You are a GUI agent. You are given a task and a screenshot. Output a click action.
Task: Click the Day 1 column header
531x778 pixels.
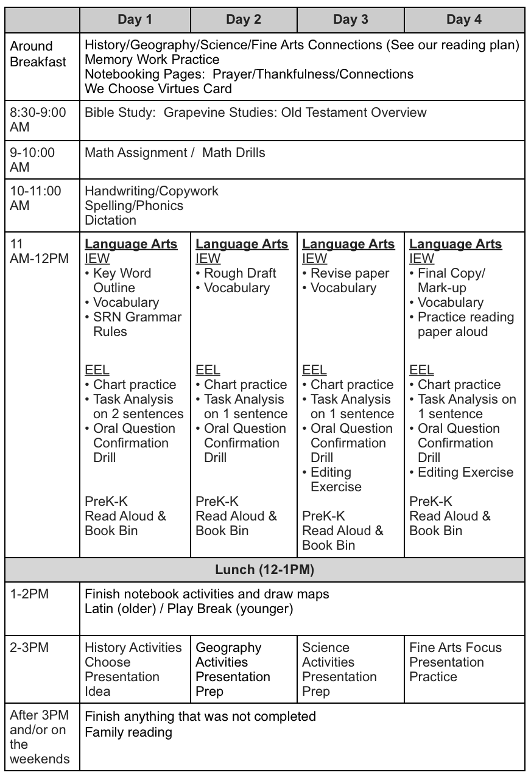click(x=135, y=19)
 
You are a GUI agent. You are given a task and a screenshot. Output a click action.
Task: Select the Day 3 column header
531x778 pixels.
click(x=350, y=19)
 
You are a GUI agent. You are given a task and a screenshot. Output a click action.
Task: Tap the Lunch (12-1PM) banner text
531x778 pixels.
click(x=265, y=570)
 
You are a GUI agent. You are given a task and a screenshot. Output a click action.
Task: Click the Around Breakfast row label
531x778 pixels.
click(x=38, y=54)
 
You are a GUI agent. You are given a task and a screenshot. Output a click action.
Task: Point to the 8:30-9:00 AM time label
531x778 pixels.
click(x=38, y=120)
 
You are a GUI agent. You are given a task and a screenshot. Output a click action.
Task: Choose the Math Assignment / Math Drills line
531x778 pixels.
click(x=175, y=152)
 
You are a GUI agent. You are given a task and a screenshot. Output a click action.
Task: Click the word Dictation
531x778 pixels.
click(x=110, y=220)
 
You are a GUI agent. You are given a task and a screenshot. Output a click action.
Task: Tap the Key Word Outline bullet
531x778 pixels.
click(x=121, y=280)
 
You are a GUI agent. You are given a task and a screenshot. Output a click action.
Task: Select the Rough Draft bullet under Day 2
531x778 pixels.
click(x=239, y=273)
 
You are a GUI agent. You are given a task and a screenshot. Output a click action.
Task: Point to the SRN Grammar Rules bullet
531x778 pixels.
click(x=136, y=324)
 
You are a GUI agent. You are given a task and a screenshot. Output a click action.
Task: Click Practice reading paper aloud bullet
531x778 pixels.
click(x=465, y=324)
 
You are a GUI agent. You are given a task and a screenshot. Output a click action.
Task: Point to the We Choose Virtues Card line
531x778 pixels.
click(x=158, y=88)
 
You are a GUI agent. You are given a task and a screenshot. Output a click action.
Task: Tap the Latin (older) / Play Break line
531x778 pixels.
click(x=189, y=608)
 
